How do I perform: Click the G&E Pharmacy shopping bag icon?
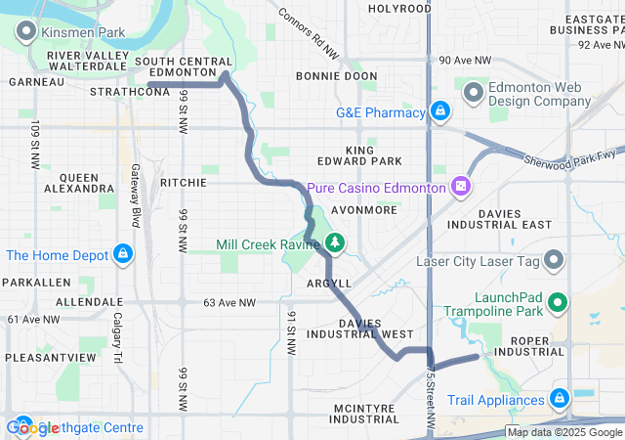tap(440, 111)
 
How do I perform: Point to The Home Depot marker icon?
tap(122, 256)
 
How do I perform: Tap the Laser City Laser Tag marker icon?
tap(554, 261)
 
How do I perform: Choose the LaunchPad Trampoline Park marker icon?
tap(559, 303)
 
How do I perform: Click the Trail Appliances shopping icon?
tap(560, 399)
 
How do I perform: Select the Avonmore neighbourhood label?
tap(363, 209)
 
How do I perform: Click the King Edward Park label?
tap(359, 154)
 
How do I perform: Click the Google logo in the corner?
tap(32, 428)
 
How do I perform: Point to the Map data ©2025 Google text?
tap(564, 432)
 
